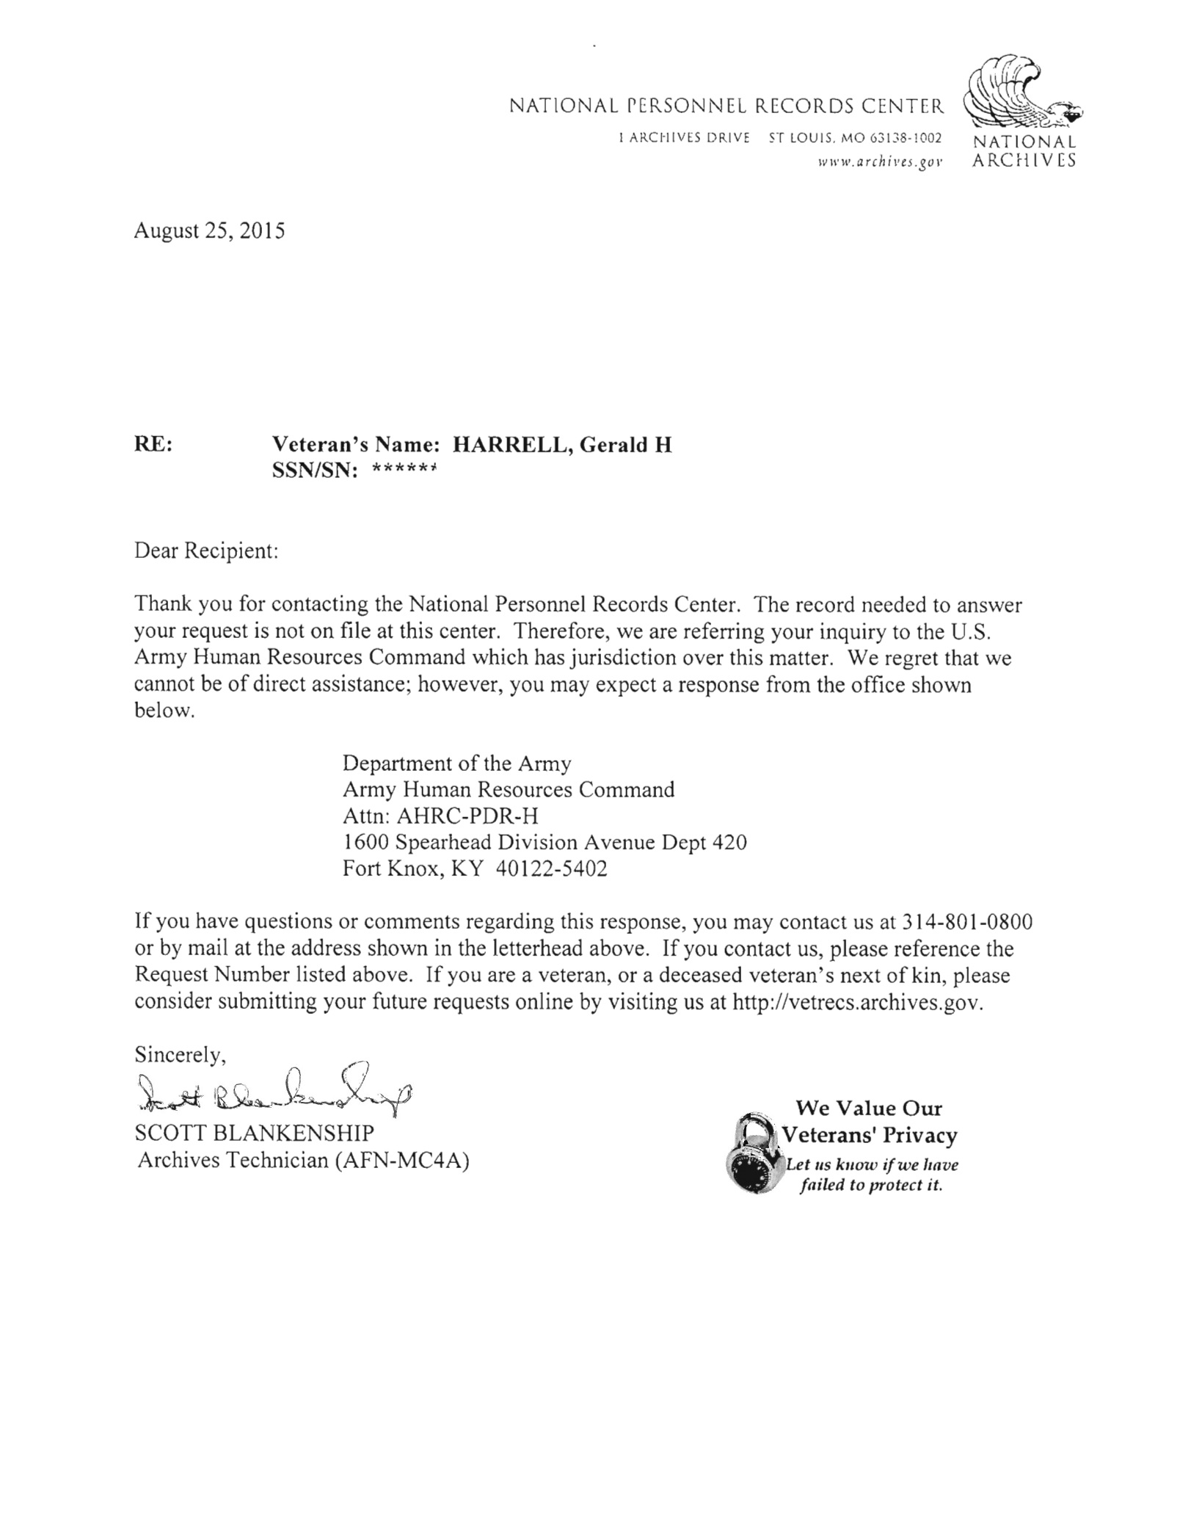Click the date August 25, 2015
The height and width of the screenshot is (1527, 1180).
[209, 231]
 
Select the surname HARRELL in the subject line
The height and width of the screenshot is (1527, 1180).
[508, 445]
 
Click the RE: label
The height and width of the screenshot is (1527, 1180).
[153, 445]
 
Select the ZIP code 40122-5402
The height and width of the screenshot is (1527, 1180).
[551, 869]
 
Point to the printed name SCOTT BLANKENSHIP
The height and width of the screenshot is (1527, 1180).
[254, 1133]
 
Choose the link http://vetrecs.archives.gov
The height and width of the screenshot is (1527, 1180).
[856, 1003]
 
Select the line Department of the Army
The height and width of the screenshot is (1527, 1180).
[456, 763]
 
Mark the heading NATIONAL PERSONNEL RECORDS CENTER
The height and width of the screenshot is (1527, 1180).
[726, 108]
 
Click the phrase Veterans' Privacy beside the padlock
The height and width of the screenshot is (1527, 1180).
[870, 1136]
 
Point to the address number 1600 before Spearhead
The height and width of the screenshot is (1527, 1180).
[365, 842]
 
